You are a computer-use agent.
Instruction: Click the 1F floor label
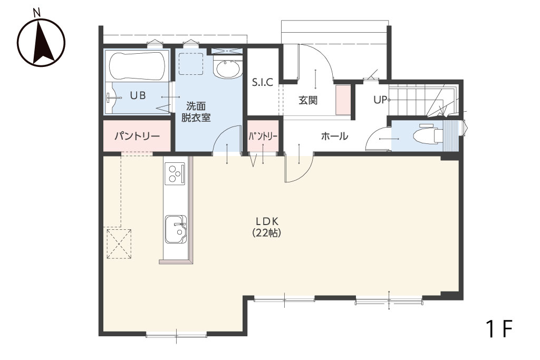pyautogui.click(x=499, y=329)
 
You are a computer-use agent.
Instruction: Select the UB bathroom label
pyautogui.click(x=138, y=95)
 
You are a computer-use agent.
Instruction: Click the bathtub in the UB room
pyautogui.click(x=137, y=66)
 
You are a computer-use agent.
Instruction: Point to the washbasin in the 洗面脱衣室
pyautogui.click(x=227, y=68)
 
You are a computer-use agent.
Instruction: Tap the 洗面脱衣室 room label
pyautogui.click(x=196, y=112)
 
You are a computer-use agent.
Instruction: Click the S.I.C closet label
pyautogui.click(x=263, y=82)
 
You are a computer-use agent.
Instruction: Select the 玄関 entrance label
pyautogui.click(x=307, y=101)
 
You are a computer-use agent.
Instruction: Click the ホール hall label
pyautogui.click(x=334, y=137)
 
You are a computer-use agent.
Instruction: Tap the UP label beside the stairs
pyautogui.click(x=381, y=100)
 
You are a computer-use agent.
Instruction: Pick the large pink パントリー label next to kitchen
pyautogui.click(x=137, y=137)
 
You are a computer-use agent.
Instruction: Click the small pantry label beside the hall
pyautogui.click(x=263, y=137)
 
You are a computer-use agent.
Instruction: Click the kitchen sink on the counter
pyautogui.click(x=176, y=229)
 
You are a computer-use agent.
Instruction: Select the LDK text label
pyautogui.click(x=267, y=221)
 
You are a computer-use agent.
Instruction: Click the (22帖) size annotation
pyautogui.click(x=267, y=233)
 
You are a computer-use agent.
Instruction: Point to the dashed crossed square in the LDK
pyautogui.click(x=119, y=244)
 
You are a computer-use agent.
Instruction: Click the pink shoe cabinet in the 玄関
pyautogui.click(x=343, y=100)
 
